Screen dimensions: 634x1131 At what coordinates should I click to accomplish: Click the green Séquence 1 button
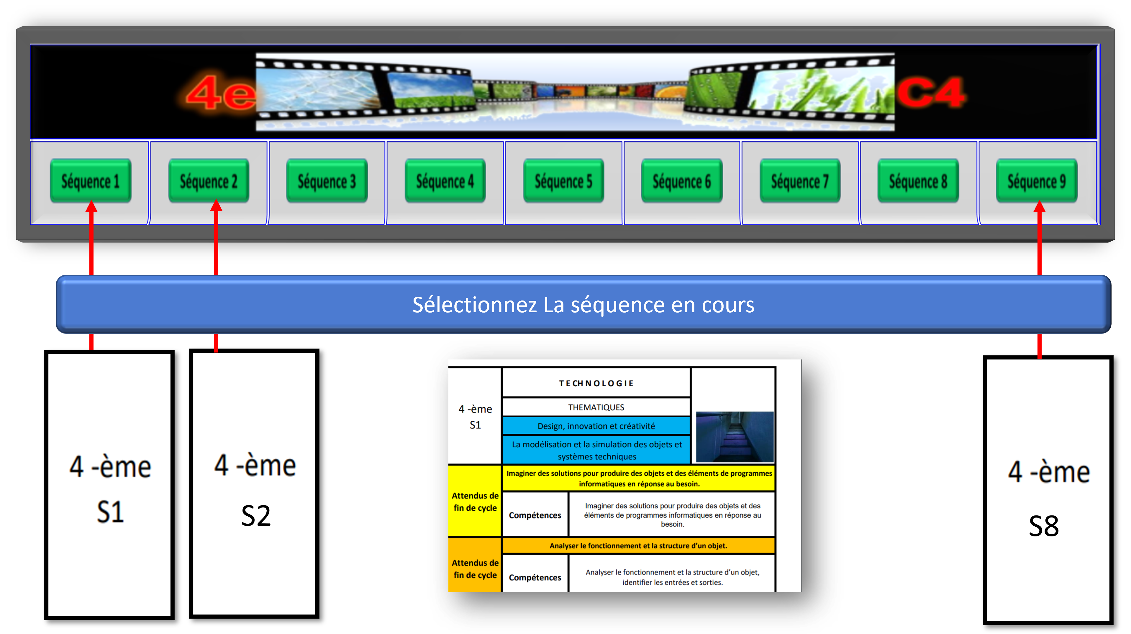[91, 181]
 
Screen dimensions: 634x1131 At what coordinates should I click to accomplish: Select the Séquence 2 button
[209, 181]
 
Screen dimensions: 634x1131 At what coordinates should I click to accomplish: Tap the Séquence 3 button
[327, 181]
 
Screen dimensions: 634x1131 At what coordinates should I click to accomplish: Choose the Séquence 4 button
[445, 181]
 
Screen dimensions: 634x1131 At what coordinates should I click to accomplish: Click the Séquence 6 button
[682, 181]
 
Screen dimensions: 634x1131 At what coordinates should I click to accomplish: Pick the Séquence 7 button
[800, 181]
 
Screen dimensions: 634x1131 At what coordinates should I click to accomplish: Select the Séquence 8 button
[918, 181]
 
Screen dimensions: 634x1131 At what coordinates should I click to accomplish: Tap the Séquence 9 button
[1037, 181]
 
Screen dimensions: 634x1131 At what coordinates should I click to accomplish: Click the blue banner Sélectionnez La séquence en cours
[583, 305]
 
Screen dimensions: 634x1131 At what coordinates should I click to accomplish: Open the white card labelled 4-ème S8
[1048, 490]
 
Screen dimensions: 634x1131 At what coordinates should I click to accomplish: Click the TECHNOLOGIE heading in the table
[596, 383]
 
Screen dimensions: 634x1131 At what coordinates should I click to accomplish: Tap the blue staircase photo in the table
[735, 436]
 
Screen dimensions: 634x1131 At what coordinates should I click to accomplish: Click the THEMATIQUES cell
[596, 407]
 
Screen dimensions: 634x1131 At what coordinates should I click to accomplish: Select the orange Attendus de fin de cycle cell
[475, 569]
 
